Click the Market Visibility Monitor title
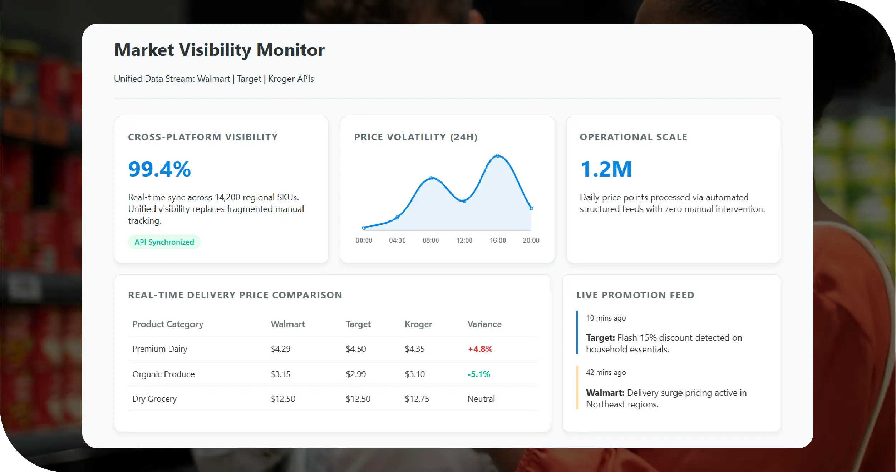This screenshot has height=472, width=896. (x=219, y=50)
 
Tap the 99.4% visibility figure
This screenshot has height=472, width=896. (x=159, y=169)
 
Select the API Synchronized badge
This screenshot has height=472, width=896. (x=164, y=242)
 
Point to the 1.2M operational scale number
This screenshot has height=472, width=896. (x=606, y=169)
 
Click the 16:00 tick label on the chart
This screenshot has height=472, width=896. (x=497, y=240)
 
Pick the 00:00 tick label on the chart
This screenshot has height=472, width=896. (x=364, y=240)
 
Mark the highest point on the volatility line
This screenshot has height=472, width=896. (x=498, y=156)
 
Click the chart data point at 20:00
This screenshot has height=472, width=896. (x=531, y=208)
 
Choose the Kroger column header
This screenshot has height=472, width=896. (x=418, y=324)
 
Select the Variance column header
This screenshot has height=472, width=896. (x=484, y=324)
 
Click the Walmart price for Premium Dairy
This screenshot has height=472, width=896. (x=280, y=349)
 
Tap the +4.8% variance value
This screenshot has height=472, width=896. (x=480, y=349)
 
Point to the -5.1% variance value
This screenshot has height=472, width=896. (x=478, y=374)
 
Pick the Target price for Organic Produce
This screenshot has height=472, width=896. (x=355, y=374)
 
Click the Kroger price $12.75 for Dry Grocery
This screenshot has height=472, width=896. (x=417, y=399)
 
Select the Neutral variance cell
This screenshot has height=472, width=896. (x=481, y=399)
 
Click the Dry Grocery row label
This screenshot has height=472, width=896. (x=154, y=399)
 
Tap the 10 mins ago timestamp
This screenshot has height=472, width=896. (x=606, y=318)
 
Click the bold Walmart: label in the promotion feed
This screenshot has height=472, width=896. (x=605, y=393)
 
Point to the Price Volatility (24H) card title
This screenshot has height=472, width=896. (x=415, y=137)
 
